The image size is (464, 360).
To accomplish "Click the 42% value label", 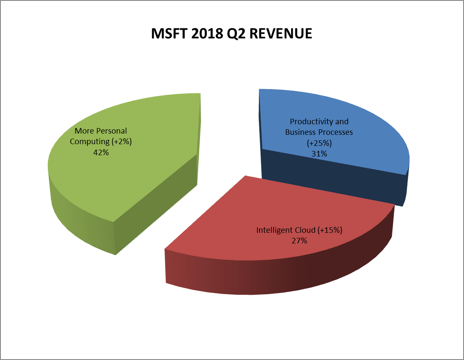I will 101,152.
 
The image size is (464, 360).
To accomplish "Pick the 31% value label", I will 319,153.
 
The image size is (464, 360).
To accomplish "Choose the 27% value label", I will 299,240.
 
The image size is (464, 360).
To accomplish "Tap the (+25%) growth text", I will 319,143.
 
